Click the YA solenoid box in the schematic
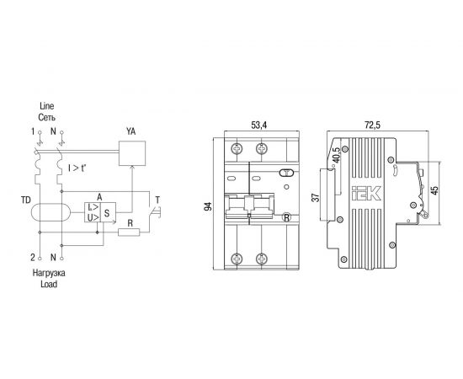(132, 153)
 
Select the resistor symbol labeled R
(129, 232)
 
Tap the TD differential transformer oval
(51, 212)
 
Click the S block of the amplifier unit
(108, 212)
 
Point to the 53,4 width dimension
(258, 125)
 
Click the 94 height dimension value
(209, 206)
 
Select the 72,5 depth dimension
(372, 125)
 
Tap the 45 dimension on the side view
(434, 190)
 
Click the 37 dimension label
(316, 197)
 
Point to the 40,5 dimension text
(336, 155)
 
